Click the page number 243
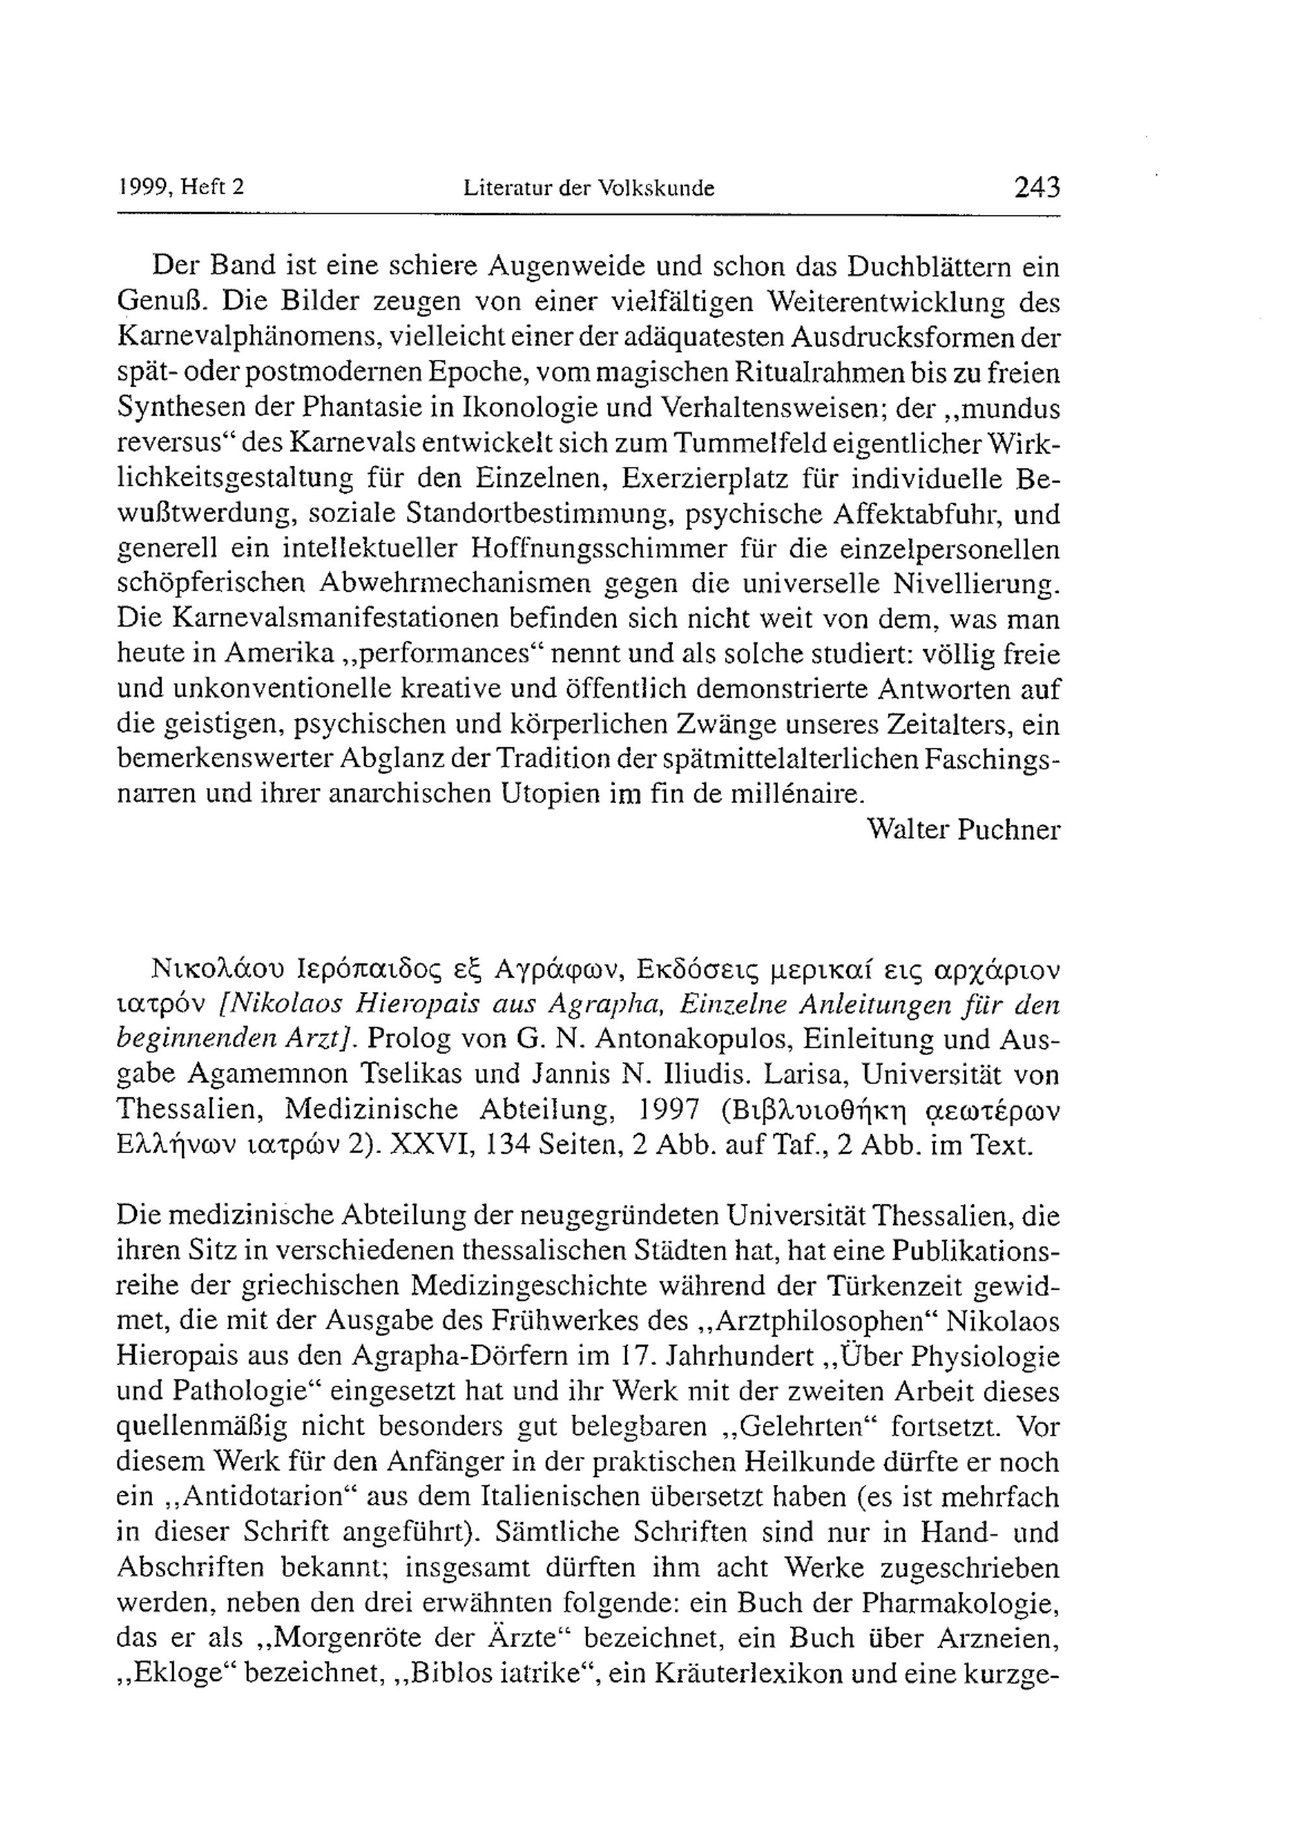click(x=1037, y=188)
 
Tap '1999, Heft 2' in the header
click(x=181, y=188)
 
